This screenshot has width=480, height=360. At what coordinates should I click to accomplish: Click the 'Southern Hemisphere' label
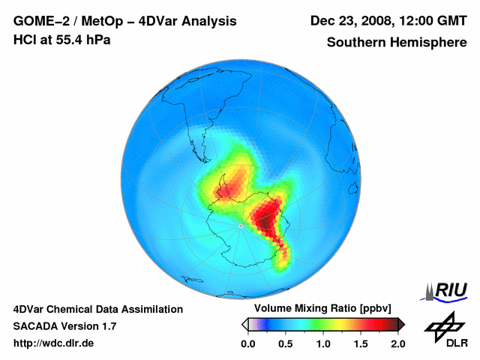pos(395,42)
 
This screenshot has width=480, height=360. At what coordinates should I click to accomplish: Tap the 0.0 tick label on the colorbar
pos(248,343)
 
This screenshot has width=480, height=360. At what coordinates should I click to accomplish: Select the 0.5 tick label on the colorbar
pos(286,343)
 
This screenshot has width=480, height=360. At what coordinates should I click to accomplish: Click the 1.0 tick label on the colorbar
pos(323,343)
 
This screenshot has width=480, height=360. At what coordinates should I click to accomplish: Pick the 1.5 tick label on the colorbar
pos(361,343)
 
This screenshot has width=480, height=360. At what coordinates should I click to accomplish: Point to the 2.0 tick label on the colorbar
pos(397,343)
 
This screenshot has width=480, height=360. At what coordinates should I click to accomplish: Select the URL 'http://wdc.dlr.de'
pos(54,343)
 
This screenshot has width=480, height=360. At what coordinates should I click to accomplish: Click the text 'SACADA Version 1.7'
pos(64,326)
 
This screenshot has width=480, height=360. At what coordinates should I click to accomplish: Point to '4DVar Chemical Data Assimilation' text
pos(98,309)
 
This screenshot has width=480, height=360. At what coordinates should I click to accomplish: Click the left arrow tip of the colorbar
pos(244,324)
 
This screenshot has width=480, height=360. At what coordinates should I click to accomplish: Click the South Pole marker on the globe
pos(239,225)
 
